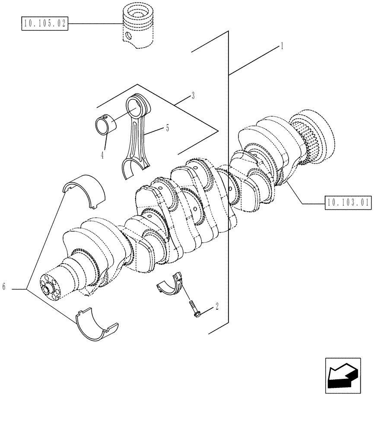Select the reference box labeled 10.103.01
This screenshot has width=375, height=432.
348,202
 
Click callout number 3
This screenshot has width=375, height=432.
193,95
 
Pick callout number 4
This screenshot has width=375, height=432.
102,155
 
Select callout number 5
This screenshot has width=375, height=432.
167,128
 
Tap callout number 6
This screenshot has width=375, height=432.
4,286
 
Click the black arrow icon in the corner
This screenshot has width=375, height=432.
342,375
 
